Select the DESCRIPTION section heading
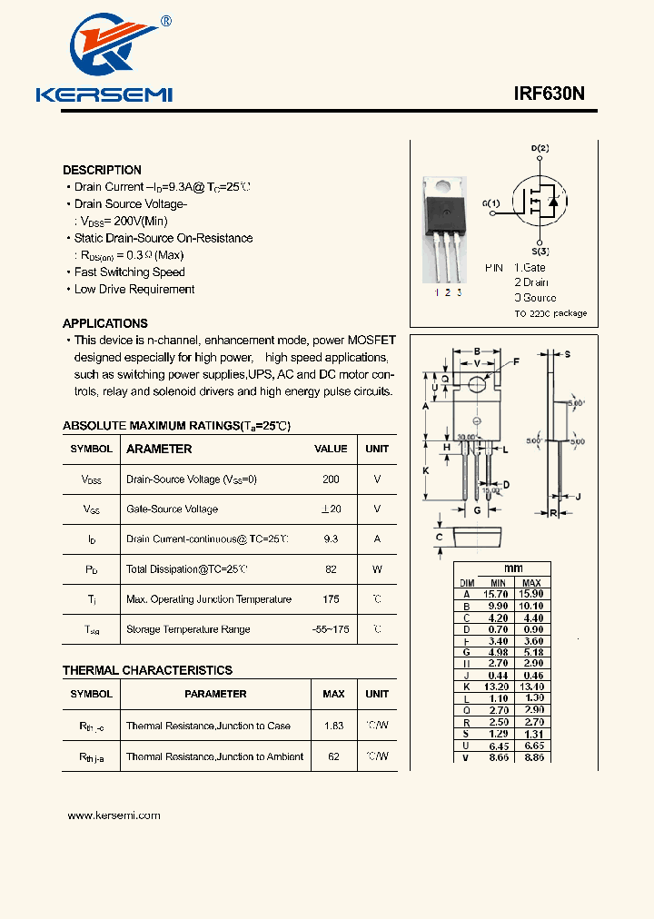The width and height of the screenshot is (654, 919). [x=102, y=170]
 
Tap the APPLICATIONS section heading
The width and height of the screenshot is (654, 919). [x=104, y=323]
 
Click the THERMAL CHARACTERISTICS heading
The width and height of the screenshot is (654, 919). [x=147, y=670]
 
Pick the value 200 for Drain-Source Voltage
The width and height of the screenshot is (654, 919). [x=331, y=479]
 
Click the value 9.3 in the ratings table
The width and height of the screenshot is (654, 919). [x=331, y=539]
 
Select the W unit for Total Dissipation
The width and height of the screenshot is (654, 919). [x=377, y=569]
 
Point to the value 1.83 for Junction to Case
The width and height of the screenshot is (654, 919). [x=333, y=726]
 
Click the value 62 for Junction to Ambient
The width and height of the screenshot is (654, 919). [x=333, y=756]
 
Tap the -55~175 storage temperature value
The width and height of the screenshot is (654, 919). [x=331, y=628]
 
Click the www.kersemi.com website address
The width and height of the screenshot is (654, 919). [x=114, y=815]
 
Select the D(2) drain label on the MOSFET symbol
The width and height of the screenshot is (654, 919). [x=540, y=148]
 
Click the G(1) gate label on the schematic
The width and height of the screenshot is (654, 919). [x=490, y=203]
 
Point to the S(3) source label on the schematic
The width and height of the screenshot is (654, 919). [x=540, y=251]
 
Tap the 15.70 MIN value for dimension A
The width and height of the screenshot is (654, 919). [x=498, y=593]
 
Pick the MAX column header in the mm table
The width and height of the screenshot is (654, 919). [x=531, y=582]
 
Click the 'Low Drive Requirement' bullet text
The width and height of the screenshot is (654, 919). [x=134, y=289]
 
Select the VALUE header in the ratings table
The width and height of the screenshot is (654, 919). [x=331, y=449]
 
